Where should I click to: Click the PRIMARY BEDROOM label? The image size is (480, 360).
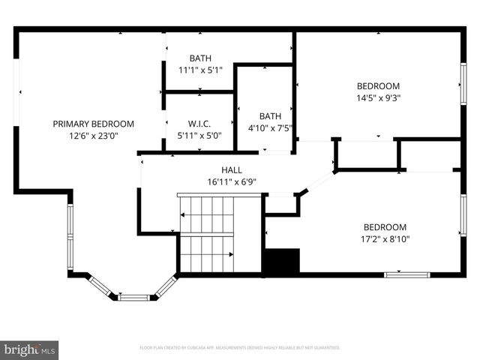pos(93,124)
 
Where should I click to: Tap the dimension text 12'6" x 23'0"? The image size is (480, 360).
pos(93,136)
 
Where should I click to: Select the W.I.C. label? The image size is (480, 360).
pos(199,124)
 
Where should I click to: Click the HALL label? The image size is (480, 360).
pos(231,170)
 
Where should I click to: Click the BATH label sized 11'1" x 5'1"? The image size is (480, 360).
pos(200,58)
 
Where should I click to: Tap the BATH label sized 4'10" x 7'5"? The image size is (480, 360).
pos(270,116)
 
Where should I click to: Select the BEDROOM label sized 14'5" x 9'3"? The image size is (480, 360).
pos(378,86)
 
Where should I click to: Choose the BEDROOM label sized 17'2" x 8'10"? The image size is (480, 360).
pos(385,227)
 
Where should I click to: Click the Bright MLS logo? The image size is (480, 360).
pos(30,349)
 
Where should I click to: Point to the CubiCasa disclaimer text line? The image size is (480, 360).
pos(240,348)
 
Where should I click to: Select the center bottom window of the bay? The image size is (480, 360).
pos(133,298)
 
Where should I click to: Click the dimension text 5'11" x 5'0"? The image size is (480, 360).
pos(199,136)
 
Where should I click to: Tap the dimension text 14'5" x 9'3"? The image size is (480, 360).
pos(378,98)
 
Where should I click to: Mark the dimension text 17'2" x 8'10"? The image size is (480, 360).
pos(385,239)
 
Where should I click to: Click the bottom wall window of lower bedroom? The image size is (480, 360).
pos(406,275)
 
